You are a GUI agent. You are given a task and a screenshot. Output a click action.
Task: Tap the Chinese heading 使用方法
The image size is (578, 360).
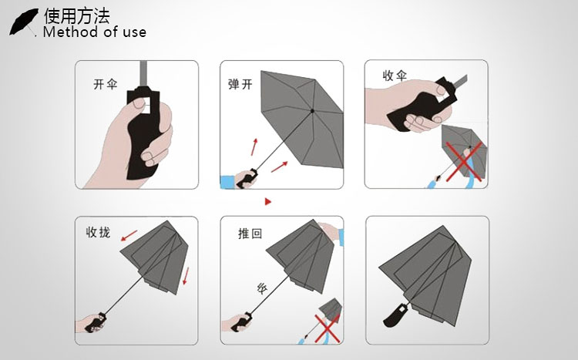pos(77,15)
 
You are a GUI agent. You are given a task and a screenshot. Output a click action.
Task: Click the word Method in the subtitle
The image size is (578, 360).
pos(69,32)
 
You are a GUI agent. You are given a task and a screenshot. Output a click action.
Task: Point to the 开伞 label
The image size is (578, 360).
pos(105,84)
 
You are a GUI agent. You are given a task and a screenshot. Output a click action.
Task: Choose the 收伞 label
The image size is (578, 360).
pos(395,76)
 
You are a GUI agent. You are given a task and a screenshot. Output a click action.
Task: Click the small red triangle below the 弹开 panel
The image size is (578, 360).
pos(268,202)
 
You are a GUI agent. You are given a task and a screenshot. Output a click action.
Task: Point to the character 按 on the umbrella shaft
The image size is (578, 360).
pos(261,289)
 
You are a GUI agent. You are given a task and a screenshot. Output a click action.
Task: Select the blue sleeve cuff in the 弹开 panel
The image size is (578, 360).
pos(227,182)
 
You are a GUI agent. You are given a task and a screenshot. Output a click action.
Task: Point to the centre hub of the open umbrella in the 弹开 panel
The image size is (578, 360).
pos(312,111)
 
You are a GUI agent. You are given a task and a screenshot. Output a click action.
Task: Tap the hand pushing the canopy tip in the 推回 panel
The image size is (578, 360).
pos(329,232)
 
